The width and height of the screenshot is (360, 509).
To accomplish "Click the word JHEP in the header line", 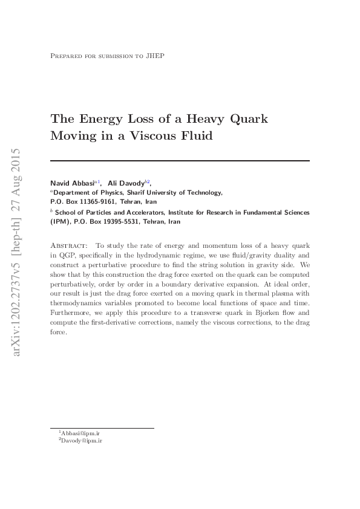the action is pyautogui.click(x=155, y=56).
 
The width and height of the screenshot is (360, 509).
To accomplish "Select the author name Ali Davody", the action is pyautogui.click(x=125, y=183).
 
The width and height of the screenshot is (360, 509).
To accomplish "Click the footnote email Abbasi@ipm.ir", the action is pyautogui.click(x=80, y=433).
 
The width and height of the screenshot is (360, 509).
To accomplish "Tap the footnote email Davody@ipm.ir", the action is pyautogui.click(x=80, y=441).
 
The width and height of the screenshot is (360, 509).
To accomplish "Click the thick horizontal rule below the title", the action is pyautogui.click(x=180, y=161).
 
